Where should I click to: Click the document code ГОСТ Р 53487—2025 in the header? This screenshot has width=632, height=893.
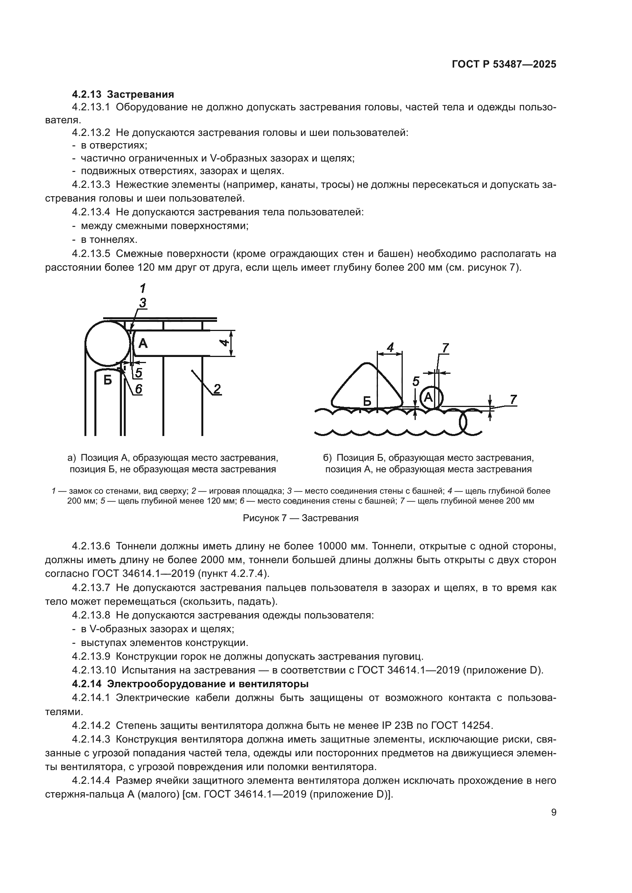click(x=504, y=65)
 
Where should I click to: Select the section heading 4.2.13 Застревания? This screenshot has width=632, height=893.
click(x=123, y=94)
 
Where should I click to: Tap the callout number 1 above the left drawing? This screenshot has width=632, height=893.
click(x=143, y=288)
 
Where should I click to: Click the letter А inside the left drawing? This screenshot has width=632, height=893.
click(x=143, y=343)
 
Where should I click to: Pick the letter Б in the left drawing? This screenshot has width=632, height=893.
click(x=108, y=379)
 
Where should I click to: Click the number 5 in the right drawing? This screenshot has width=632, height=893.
click(x=416, y=381)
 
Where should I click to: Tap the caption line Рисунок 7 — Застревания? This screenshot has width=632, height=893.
click(x=300, y=518)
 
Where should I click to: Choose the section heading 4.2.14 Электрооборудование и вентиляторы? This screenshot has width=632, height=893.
click(x=190, y=684)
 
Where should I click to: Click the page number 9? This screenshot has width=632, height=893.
click(x=554, y=812)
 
